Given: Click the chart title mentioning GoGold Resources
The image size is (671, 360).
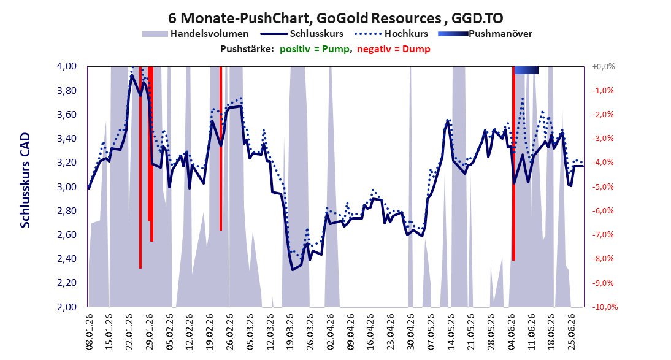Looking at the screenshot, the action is click(x=336, y=18).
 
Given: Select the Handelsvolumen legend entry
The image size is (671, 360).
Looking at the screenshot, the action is click(x=196, y=33).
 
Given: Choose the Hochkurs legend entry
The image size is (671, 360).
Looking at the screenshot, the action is click(x=391, y=33).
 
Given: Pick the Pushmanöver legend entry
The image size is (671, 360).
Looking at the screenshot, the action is click(x=485, y=33).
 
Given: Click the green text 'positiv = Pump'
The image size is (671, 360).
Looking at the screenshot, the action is click(x=315, y=49).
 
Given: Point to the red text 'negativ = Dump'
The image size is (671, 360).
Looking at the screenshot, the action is click(x=394, y=49).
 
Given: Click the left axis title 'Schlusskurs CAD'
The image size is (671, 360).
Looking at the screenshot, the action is click(x=25, y=180).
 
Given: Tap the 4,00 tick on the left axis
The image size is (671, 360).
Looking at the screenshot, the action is click(x=67, y=66).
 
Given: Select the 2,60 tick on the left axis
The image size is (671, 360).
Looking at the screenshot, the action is click(x=67, y=234).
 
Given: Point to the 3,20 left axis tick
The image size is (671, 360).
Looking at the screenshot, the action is click(x=67, y=163).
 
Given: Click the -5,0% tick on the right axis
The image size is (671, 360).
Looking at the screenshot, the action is click(x=604, y=186).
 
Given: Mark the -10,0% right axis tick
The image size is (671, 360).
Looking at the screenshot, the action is click(x=604, y=307).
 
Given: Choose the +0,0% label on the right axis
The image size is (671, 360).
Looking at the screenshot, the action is click(x=604, y=66).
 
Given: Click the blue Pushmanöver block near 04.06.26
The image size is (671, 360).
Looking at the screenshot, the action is click(x=526, y=70).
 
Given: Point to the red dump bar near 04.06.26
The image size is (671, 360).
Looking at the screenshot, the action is click(x=513, y=163).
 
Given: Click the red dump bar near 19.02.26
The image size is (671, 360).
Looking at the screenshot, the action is click(x=221, y=148).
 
